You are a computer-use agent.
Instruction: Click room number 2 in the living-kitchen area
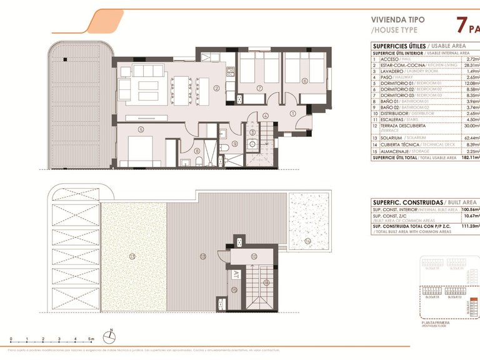216,88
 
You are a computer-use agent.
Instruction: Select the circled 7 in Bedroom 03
259,88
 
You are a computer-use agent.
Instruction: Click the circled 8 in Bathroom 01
197,150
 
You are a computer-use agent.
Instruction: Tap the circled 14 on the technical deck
307,240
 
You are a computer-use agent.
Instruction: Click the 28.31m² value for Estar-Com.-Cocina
470,65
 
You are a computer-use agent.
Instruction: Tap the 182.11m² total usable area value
468,158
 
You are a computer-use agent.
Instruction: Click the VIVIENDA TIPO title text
397,20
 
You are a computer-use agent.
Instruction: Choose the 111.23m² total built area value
469,226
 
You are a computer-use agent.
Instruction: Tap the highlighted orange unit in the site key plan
469,309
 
